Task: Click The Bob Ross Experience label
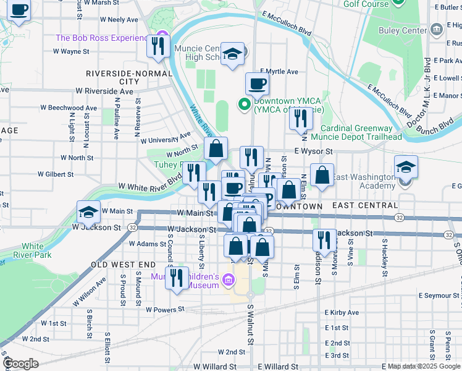coord(102,38)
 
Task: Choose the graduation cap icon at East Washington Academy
coord(405,168)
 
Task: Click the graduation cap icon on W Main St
coord(89,212)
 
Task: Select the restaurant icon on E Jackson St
coord(324,239)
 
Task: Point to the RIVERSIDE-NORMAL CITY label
coord(128,77)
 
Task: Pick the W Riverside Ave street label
coord(104,91)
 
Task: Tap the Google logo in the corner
coord(20,364)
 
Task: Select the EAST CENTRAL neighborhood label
coord(365,205)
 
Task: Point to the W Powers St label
coord(165,309)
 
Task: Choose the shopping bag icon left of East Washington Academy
coord(322,175)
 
